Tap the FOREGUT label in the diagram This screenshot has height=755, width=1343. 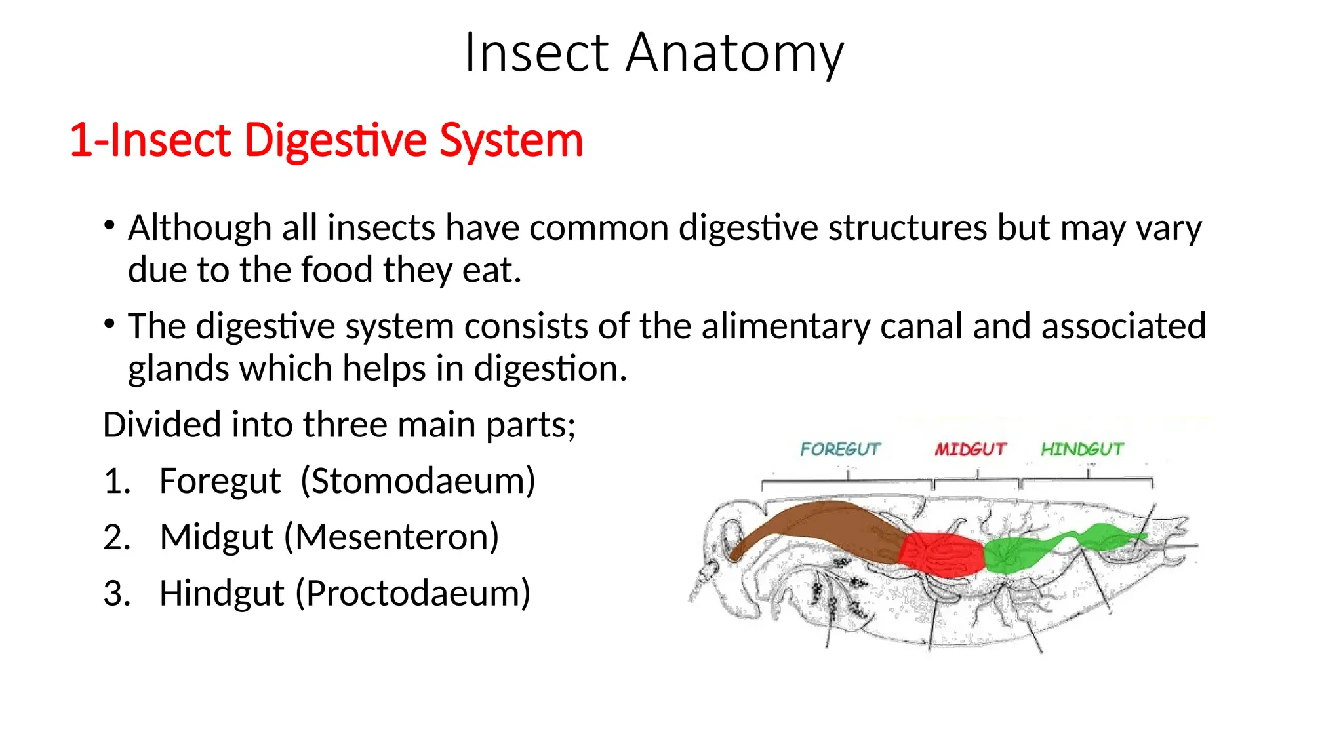(839, 449)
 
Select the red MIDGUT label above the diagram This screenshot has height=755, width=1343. (970, 449)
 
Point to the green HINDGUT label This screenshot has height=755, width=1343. (1081, 449)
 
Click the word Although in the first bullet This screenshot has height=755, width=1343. (199, 228)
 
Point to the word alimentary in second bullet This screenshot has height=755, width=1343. (785, 326)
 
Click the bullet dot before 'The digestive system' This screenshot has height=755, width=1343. (110, 324)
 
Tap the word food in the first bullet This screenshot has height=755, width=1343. (336, 270)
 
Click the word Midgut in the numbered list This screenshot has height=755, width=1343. (216, 537)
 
